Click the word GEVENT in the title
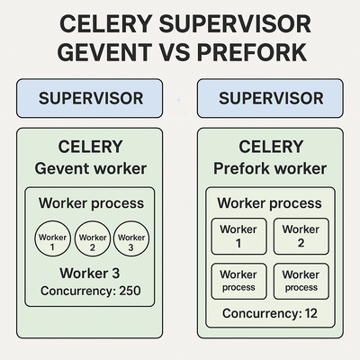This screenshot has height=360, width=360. click(104, 52)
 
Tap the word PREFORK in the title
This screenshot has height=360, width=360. click(252, 52)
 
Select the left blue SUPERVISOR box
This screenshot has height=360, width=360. click(89, 98)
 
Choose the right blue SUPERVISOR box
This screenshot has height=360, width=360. click(270, 98)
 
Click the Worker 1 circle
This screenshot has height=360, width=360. click(52, 238)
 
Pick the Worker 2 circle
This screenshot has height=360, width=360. click(93, 238)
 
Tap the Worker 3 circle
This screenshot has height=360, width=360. click(131, 238)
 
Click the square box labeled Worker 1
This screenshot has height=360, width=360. click(238, 237)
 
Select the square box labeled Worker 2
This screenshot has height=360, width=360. click(301, 237)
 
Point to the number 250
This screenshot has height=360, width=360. click(130, 291)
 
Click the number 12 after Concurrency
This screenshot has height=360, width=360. click(310, 313)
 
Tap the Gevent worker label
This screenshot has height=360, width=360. click(91, 168)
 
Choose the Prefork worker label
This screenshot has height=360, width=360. click(270, 168)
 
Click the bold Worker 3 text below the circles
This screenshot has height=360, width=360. click(90, 273)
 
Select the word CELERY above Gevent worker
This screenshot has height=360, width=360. click(90, 147)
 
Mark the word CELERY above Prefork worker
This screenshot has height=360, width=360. click(271, 147)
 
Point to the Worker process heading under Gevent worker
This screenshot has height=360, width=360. click(91, 203)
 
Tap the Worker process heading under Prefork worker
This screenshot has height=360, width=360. click(269, 203)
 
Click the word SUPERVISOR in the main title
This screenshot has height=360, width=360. click(235, 24)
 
